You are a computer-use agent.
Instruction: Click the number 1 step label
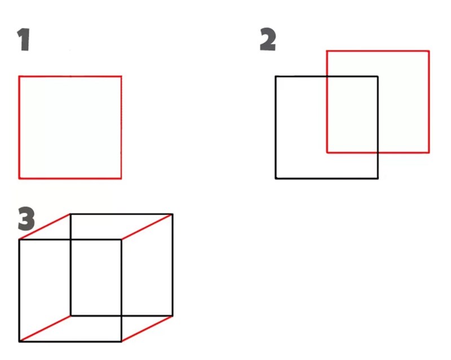(24, 41)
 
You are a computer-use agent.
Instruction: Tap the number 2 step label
(268, 40)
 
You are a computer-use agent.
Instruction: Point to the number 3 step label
(26, 220)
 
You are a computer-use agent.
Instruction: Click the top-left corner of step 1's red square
(19, 77)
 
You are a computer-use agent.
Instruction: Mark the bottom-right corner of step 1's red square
(121, 179)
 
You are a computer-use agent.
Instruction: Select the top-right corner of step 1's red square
(121, 77)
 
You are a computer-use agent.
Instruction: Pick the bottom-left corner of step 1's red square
(19, 179)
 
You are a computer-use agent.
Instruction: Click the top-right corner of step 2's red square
(429, 51)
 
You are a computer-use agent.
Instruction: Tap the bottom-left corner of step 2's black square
(276, 179)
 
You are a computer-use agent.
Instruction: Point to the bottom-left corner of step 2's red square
(327, 152)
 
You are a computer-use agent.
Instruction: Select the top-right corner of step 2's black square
(378, 77)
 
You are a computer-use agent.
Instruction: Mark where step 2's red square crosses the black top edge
(327, 77)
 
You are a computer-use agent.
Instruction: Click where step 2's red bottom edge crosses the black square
(378, 152)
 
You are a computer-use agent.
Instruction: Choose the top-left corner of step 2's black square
(276, 77)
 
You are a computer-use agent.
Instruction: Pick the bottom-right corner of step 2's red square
(429, 152)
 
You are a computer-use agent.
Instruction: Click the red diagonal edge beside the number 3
(45, 227)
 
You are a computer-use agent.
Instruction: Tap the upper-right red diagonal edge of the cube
(147, 227)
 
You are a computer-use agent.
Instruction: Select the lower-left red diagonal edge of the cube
(45, 328)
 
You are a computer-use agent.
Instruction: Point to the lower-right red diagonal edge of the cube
(147, 328)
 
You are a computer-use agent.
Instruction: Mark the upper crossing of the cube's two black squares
(70, 240)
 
